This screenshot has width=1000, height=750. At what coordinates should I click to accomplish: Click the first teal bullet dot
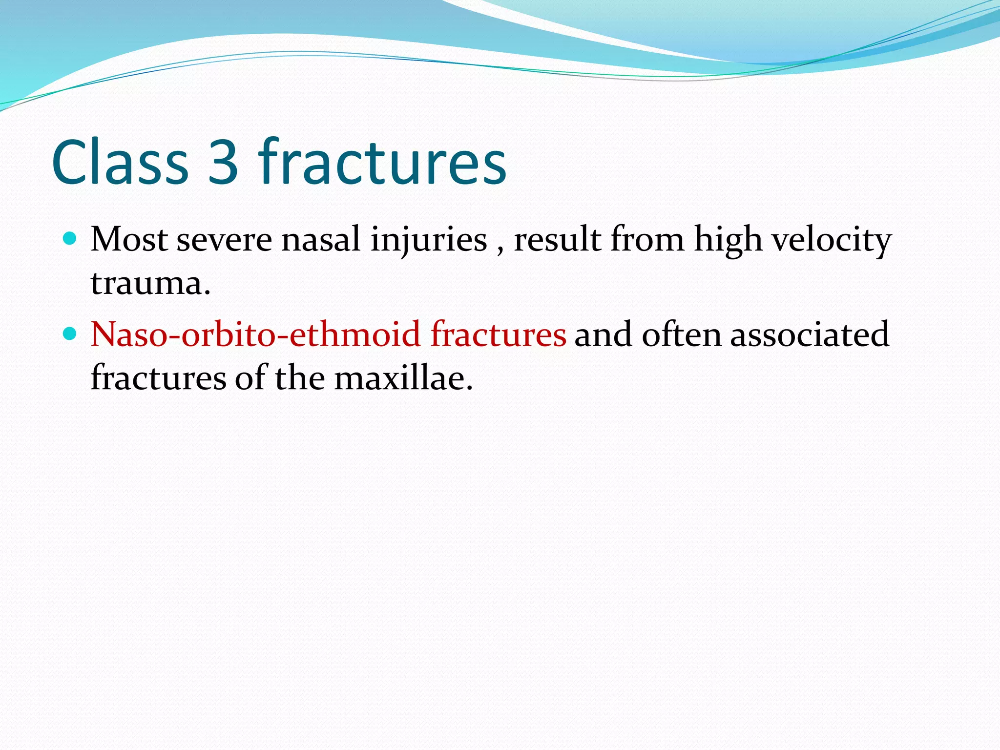71,239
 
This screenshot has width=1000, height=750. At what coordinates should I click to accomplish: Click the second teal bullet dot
71,333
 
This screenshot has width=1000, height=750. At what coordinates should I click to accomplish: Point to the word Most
129,240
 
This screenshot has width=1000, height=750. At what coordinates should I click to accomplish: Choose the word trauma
150,283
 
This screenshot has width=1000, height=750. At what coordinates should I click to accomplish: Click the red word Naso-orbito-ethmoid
255,334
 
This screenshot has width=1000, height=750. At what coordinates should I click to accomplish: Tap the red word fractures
498,334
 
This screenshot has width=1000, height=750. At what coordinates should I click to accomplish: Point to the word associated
810,334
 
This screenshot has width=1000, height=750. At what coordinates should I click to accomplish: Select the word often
681,334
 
